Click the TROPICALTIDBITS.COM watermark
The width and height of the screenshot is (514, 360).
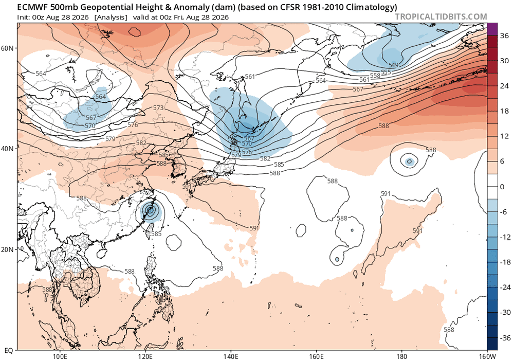(x=441, y=16)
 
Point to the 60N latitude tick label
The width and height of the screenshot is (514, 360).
(x=9, y=48)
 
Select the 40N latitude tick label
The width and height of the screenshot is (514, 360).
(x=9, y=149)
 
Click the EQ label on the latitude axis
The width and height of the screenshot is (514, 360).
(x=9, y=351)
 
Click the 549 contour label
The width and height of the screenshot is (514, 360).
(x=393, y=65)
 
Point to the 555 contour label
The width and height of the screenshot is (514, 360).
(x=386, y=72)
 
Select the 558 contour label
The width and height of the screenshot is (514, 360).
(x=375, y=76)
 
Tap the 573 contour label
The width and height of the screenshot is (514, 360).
(x=158, y=108)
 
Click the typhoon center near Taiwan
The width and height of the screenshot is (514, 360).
(x=150, y=210)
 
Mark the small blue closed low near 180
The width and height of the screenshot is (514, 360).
(x=409, y=161)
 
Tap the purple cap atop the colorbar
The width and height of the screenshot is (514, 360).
(x=493, y=28)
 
